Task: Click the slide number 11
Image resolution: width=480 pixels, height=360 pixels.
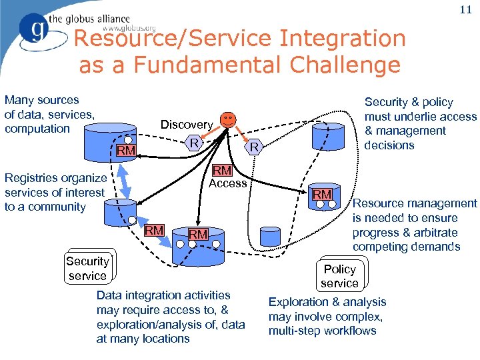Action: [x=465, y=11]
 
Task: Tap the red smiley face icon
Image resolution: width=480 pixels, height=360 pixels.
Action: [x=228, y=120]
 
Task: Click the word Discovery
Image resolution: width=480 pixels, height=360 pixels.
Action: [x=186, y=125]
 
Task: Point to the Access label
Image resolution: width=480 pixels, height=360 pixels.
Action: [x=228, y=183]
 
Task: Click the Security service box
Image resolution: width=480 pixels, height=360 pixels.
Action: [x=87, y=269]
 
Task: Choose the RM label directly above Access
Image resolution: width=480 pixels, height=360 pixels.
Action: [x=221, y=171]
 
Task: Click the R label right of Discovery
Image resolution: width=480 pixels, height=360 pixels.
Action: [x=193, y=142]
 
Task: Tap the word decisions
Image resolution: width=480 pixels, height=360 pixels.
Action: [x=389, y=145]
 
